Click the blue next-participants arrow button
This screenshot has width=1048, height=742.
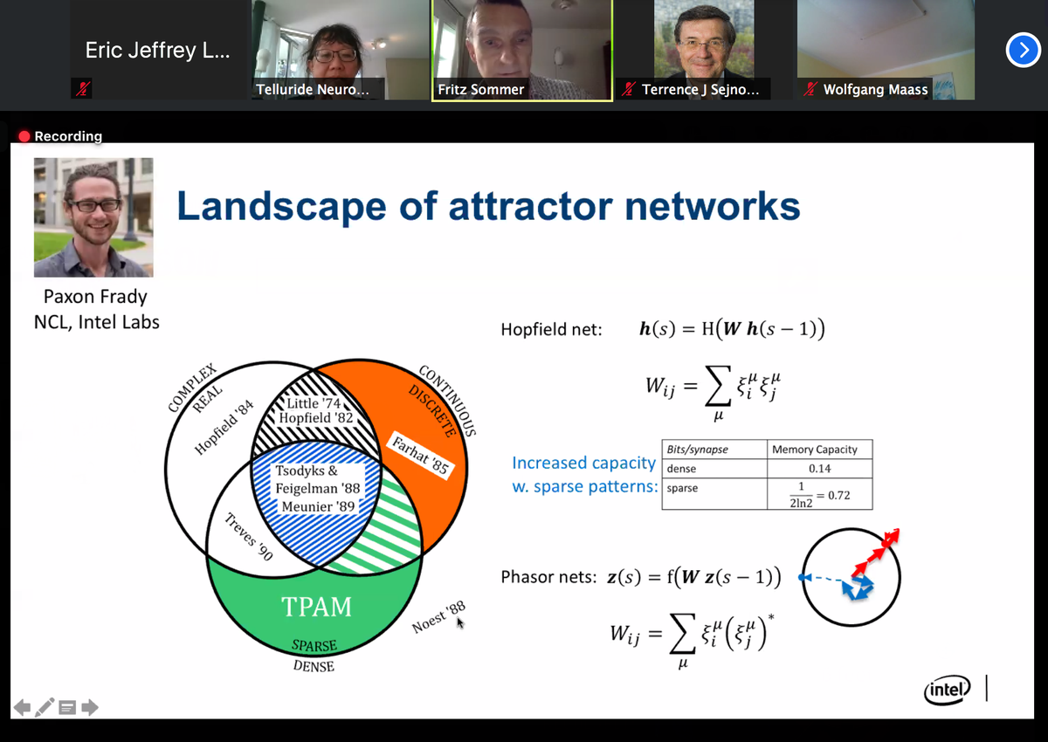coord(1023,52)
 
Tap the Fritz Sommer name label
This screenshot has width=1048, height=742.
coord(481,89)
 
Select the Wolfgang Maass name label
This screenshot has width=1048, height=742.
coord(875,89)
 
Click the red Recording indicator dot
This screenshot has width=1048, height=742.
coord(24,136)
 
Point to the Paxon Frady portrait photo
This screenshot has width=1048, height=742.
coord(93,217)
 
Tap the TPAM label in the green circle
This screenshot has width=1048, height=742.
coord(316,606)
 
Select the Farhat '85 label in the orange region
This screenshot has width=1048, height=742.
coord(420,454)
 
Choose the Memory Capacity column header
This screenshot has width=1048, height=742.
coord(814,450)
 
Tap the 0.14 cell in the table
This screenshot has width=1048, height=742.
coord(819,469)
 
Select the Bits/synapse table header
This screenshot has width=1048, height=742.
coord(697,450)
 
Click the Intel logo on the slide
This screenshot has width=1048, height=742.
coord(947,690)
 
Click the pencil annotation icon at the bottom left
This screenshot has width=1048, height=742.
coord(45,706)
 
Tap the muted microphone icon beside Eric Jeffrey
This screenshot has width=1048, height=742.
coord(80,87)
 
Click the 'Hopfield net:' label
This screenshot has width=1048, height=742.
coord(551,330)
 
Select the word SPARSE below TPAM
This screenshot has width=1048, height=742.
coord(314,648)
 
